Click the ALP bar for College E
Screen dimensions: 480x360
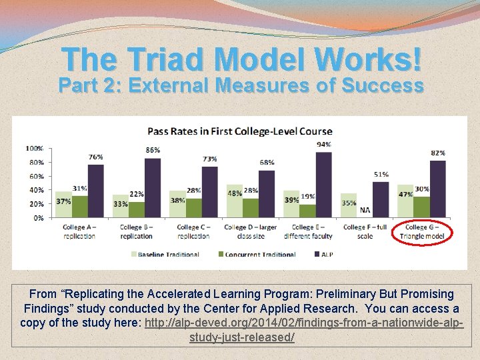click(x=323, y=185)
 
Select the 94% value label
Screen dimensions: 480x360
click(x=324, y=145)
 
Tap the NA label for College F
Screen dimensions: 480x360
click(x=365, y=210)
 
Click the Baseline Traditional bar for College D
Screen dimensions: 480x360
click(x=235, y=201)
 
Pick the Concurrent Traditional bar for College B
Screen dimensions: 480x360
click(x=137, y=210)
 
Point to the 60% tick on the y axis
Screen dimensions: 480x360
click(x=37, y=176)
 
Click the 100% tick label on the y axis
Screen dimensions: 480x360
click(x=34, y=149)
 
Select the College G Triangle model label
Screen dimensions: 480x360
click(x=422, y=232)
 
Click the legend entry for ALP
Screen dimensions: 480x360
click(x=323, y=255)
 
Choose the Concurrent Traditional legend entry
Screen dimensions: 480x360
click(x=257, y=255)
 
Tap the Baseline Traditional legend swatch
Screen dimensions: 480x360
click(x=134, y=254)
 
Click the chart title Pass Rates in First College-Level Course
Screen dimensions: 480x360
click(x=240, y=131)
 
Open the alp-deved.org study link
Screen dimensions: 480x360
click(x=303, y=330)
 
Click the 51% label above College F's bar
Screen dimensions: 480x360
click(x=381, y=175)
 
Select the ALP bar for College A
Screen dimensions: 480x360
click(x=96, y=191)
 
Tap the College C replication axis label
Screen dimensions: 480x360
click(x=193, y=232)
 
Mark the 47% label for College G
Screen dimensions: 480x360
click(x=405, y=194)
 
